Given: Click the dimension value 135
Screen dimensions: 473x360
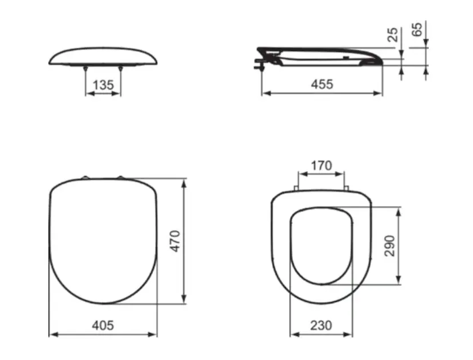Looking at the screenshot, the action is coord(103,85).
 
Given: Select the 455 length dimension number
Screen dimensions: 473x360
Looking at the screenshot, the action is coord(322,84).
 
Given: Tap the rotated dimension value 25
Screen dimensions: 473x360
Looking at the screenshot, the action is coord(393,34).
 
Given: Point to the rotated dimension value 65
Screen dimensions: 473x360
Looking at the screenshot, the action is coord(417,29).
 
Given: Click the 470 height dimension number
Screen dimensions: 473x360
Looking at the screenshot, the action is coord(175,241).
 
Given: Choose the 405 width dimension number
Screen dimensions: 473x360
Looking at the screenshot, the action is coord(103,325).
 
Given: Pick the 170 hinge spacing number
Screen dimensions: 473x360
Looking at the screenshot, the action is coord(321,166).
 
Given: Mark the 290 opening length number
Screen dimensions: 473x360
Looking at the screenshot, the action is coord(390,246).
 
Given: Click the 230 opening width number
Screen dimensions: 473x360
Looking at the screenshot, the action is coord(321,325).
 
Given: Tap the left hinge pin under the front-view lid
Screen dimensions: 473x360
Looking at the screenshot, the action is coord(86,68).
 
